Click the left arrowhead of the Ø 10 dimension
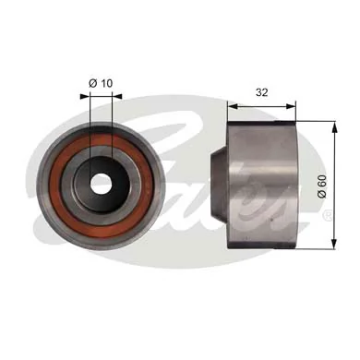point(90,97)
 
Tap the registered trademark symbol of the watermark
point(326,215)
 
